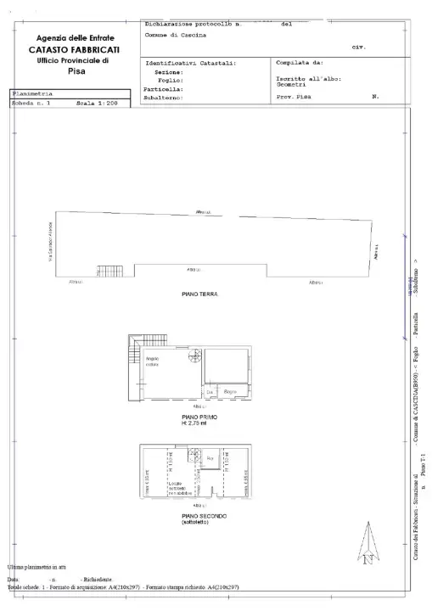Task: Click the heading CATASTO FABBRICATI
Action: pyautogui.click(x=77, y=51)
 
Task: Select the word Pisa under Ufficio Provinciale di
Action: pyautogui.click(x=77, y=71)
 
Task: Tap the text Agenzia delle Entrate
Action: pyautogui.click(x=77, y=39)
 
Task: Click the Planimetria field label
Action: pyautogui.click(x=33, y=93)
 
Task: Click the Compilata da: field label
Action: pyautogui.click(x=300, y=63)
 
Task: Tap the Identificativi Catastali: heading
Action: pyautogui.click(x=191, y=64)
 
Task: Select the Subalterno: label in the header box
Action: pyautogui.click(x=165, y=98)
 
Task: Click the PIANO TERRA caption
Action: pyautogui.click(x=200, y=294)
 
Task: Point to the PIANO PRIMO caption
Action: pyautogui.click(x=200, y=418)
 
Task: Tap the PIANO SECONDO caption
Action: pyautogui.click(x=200, y=516)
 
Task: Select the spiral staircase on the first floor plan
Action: pyautogui.click(x=195, y=356)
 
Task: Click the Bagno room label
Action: pyautogui.click(x=229, y=390)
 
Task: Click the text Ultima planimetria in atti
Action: pyautogui.click(x=38, y=566)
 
